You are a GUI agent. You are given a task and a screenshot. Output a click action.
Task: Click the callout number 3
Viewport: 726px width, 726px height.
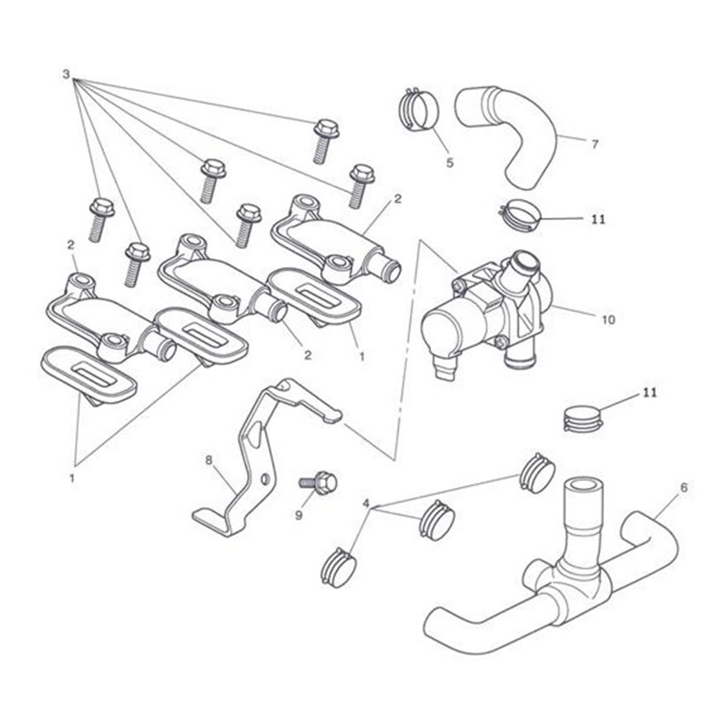coord(66,74)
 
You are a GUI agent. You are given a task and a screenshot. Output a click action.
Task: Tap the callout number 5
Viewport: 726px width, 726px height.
coord(450,162)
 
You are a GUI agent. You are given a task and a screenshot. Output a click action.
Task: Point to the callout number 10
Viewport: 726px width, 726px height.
coord(609,319)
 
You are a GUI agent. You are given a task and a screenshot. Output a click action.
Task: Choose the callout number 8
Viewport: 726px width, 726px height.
coord(209,460)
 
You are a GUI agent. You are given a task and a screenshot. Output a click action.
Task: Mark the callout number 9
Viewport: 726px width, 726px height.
coord(299,515)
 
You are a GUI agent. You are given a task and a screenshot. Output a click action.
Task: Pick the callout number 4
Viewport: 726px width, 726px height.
coord(365,503)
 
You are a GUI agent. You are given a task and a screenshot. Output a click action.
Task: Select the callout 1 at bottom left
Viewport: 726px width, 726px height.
coord(72,478)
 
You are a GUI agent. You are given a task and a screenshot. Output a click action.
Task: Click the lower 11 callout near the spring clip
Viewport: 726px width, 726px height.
coord(650,393)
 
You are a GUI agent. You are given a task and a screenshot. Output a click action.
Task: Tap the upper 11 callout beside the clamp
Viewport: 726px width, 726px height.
coord(598,219)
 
